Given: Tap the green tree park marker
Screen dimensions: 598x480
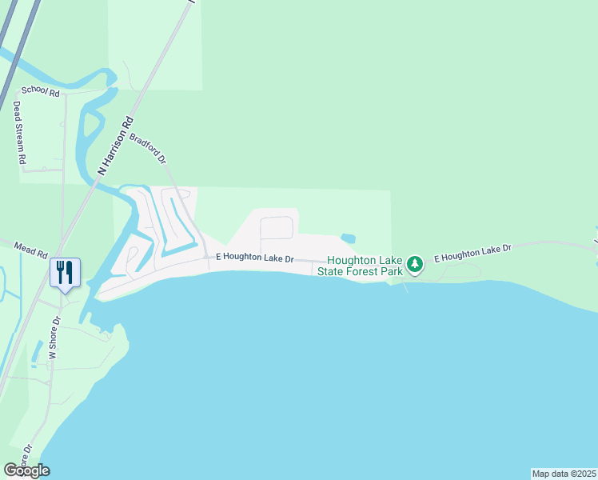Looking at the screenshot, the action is (414, 263).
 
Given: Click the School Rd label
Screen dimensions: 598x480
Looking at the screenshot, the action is (41, 94).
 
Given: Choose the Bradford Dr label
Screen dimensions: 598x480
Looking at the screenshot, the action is (148, 149).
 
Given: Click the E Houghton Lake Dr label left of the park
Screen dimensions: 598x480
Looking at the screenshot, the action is (255, 259).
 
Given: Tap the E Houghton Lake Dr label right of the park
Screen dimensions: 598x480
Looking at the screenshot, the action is (472, 254).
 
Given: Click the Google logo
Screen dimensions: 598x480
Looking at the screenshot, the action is (26, 470).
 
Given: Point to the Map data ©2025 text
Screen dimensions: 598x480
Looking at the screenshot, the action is (564, 474).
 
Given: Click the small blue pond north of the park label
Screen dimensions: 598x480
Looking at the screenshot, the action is (348, 238).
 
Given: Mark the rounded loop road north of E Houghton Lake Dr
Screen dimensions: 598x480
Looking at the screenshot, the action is (277, 227).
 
